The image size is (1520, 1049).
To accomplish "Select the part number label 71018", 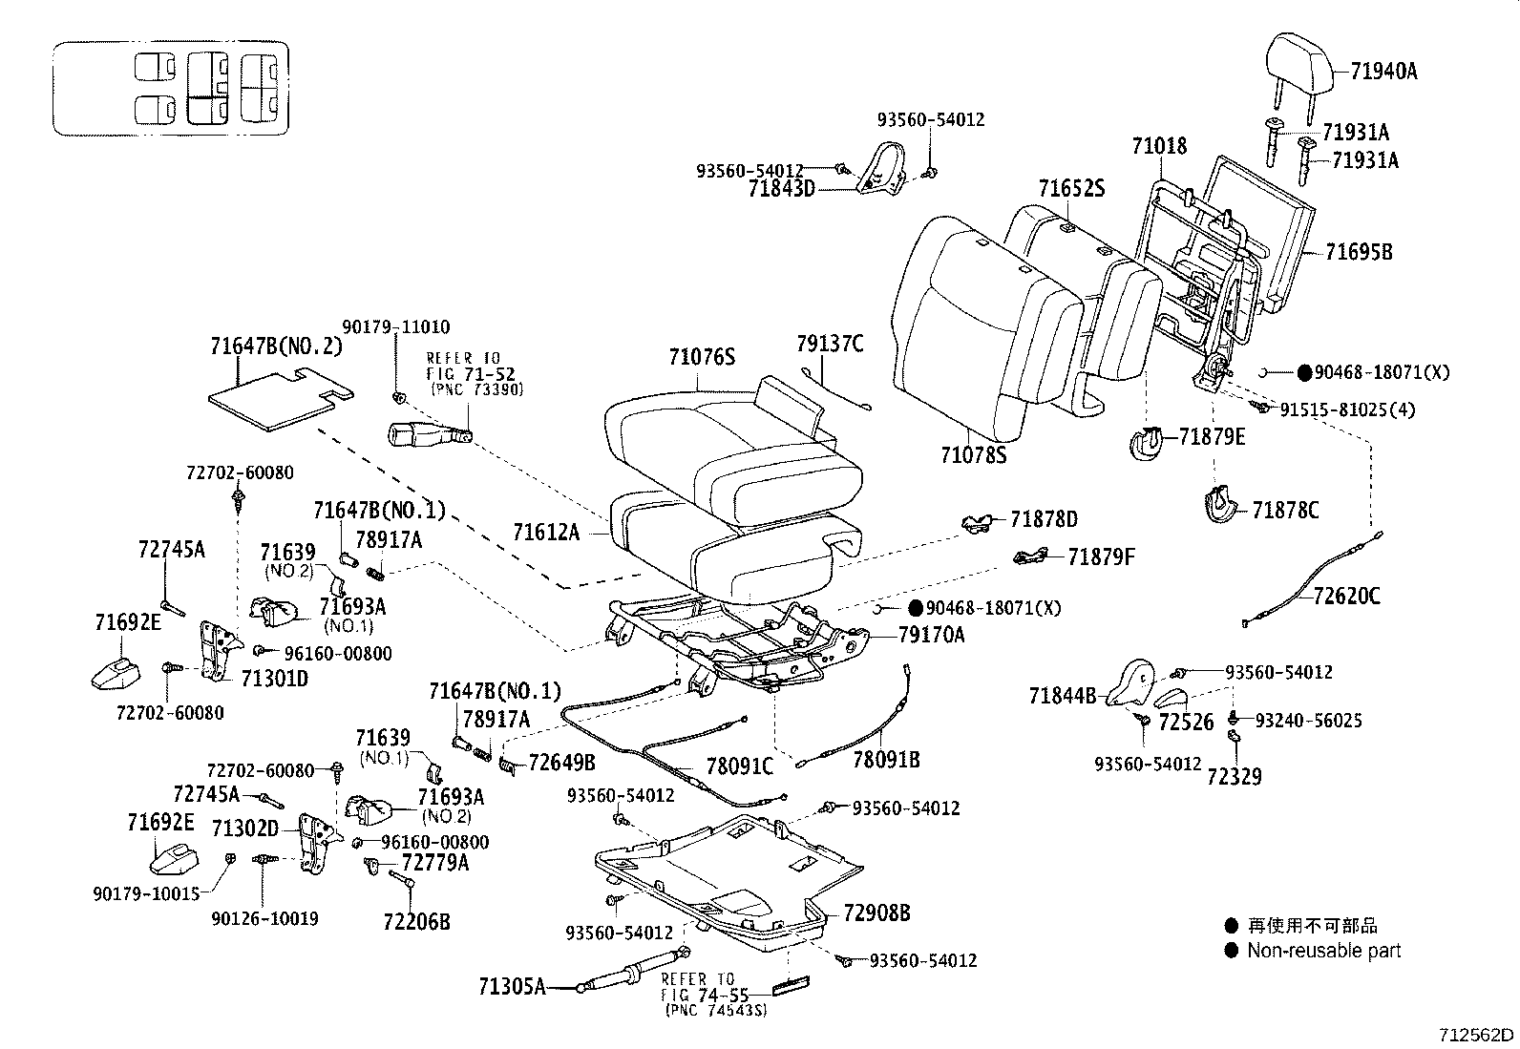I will (1159, 146).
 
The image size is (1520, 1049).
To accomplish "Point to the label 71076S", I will (702, 357).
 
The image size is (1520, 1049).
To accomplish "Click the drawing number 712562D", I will (1477, 1035).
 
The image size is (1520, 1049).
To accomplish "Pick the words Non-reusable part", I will (1323, 951).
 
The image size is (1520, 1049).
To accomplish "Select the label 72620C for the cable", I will (1346, 597).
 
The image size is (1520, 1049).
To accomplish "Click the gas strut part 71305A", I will (630, 975).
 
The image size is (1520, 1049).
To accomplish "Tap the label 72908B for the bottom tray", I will (876, 913).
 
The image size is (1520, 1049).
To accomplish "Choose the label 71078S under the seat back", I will (974, 455).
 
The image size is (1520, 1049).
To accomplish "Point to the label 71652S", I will (1071, 189).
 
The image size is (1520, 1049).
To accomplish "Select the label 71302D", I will (244, 829).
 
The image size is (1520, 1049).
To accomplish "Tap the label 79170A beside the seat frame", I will (931, 635).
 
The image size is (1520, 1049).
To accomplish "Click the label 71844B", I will (1063, 696).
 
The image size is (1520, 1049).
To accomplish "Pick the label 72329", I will (1234, 777).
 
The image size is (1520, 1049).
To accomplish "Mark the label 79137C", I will (830, 344).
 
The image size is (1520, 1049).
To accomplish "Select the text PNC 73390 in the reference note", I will (477, 390).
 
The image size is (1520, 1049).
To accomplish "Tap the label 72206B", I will (416, 921).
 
